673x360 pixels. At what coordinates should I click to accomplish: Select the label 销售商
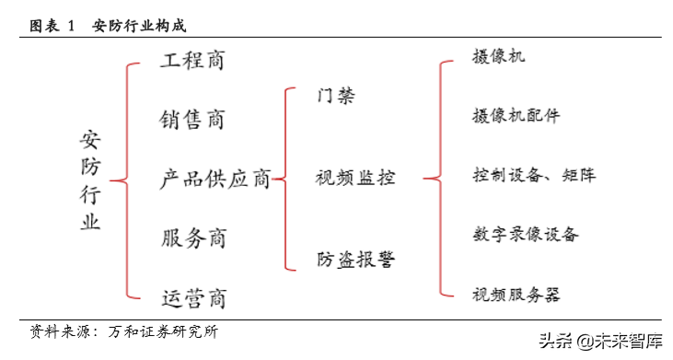pyautogui.click(x=191, y=120)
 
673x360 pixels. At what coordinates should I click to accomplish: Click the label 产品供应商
pyautogui.click(x=215, y=179)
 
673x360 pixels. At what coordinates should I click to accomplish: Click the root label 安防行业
pyautogui.click(x=90, y=180)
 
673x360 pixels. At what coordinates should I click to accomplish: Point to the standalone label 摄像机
pyautogui.click(x=498, y=57)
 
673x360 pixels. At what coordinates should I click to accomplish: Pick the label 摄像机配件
pyautogui.click(x=515, y=116)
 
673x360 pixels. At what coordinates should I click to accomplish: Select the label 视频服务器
pyautogui.click(x=516, y=295)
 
